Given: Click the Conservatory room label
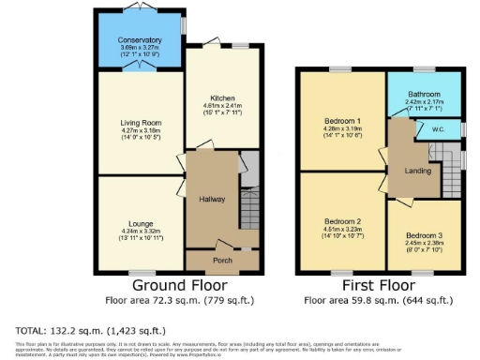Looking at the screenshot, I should (x=140, y=40).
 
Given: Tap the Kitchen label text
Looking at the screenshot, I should (x=221, y=97).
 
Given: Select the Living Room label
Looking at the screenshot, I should (x=142, y=123).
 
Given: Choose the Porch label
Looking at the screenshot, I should (x=222, y=260).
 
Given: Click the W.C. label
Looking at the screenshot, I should (x=438, y=129).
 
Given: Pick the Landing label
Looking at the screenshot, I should (x=418, y=171).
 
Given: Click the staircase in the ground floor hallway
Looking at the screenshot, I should (x=248, y=206).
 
